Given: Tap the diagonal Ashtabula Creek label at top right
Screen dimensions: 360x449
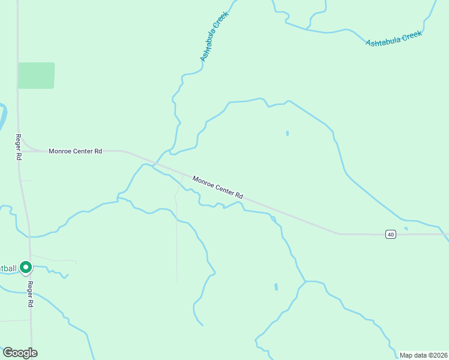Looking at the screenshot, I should (x=394, y=38).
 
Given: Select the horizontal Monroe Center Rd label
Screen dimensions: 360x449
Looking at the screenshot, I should (x=75, y=151).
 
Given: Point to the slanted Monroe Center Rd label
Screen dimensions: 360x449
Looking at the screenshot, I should (x=218, y=187).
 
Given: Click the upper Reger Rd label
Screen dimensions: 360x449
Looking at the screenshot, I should (x=19, y=146).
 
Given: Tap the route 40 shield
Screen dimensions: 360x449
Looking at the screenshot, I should (x=391, y=234).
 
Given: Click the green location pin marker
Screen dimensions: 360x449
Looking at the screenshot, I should (x=26, y=267).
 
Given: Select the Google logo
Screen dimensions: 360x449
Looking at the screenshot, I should (x=20, y=353).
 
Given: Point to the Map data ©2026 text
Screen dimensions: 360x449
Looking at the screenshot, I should (x=423, y=355).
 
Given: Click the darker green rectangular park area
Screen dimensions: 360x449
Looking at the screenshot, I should (x=36, y=76).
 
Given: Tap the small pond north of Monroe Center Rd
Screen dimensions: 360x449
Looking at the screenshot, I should (x=288, y=133).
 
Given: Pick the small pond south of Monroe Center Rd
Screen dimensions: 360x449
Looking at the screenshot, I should (x=276, y=287).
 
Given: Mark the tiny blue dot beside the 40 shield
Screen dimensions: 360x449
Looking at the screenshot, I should (x=406, y=228).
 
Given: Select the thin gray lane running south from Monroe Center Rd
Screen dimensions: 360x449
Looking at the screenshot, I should (x=176, y=228).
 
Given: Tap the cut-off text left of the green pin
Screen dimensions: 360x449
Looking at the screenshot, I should (x=8, y=268).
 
